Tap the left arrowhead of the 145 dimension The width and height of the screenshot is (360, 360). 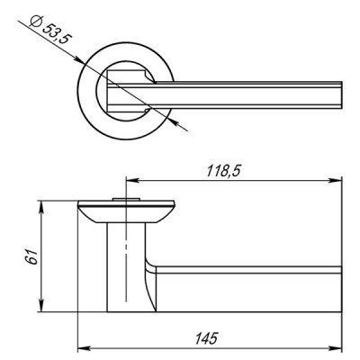[x=82, y=346]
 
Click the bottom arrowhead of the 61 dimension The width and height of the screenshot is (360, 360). [x=42, y=310]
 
